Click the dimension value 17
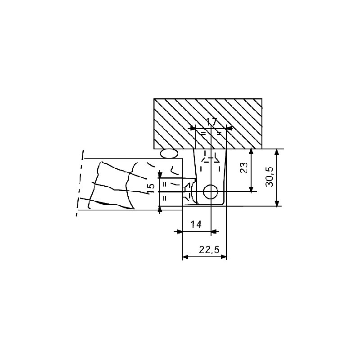[x=211, y=121]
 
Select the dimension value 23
[x=244, y=168]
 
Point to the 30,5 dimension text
[x=269, y=176]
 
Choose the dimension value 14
[x=196, y=224]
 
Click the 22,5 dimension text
[x=209, y=250]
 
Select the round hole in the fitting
[x=211, y=191]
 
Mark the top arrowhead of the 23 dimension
[x=251, y=152]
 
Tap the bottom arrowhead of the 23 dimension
[x=251, y=189]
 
